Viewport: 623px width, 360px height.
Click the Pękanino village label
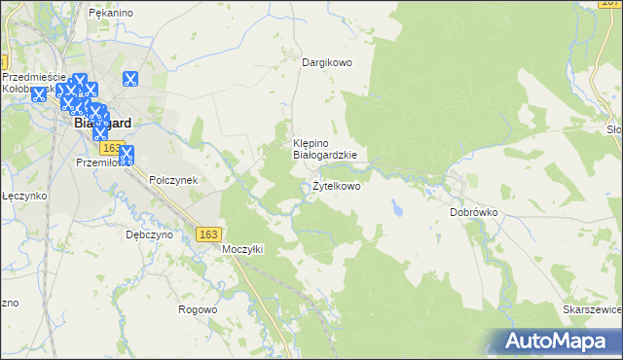(x=109, y=13)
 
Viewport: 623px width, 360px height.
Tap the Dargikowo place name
(x=326, y=62)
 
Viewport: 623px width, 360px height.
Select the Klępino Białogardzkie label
(x=325, y=148)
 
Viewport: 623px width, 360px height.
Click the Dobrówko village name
(x=474, y=211)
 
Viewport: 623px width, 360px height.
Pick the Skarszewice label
(x=592, y=308)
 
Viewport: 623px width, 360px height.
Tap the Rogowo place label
(x=197, y=309)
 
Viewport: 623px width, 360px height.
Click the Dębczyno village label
(x=149, y=234)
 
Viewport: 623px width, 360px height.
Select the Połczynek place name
(x=173, y=180)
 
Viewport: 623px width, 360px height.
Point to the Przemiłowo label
(x=100, y=163)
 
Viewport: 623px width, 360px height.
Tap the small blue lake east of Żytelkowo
(x=396, y=208)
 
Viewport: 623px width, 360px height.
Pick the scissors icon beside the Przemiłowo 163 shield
(x=127, y=152)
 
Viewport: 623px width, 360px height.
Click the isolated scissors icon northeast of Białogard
(x=128, y=80)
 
